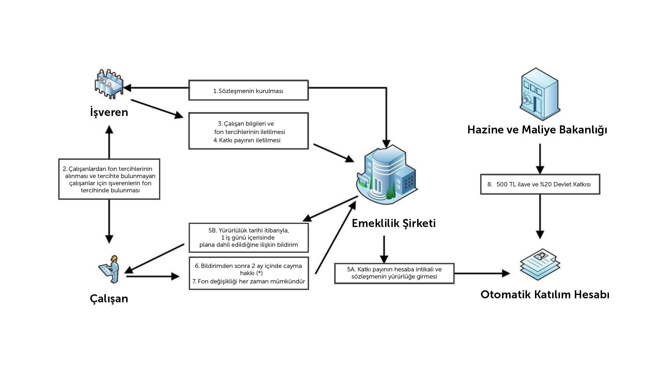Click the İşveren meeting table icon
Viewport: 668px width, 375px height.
pyautogui.click(x=109, y=84)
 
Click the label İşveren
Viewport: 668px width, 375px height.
pyautogui.click(x=109, y=112)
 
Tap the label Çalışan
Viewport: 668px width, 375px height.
pyautogui.click(x=109, y=299)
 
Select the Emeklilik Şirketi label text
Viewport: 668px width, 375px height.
pyautogui.click(x=394, y=223)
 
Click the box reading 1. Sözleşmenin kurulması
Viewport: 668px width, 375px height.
pyautogui.click(x=248, y=90)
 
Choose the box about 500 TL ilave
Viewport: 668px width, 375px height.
pyautogui.click(x=540, y=184)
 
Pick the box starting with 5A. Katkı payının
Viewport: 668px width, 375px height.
pyautogui.click(x=394, y=273)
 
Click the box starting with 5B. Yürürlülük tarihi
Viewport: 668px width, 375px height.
pyautogui.click(x=249, y=238)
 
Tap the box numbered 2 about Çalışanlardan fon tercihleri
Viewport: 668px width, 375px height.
pyautogui.click(x=109, y=179)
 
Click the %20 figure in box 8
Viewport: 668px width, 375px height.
pyautogui.click(x=546, y=184)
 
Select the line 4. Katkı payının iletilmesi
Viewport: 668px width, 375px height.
pyautogui.click(x=247, y=140)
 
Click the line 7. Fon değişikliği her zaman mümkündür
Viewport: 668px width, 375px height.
pyautogui.click(x=249, y=281)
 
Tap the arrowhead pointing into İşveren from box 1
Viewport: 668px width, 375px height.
pyautogui.click(x=127, y=88)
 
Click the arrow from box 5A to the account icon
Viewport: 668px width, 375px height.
pyautogui.click(x=482, y=273)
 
